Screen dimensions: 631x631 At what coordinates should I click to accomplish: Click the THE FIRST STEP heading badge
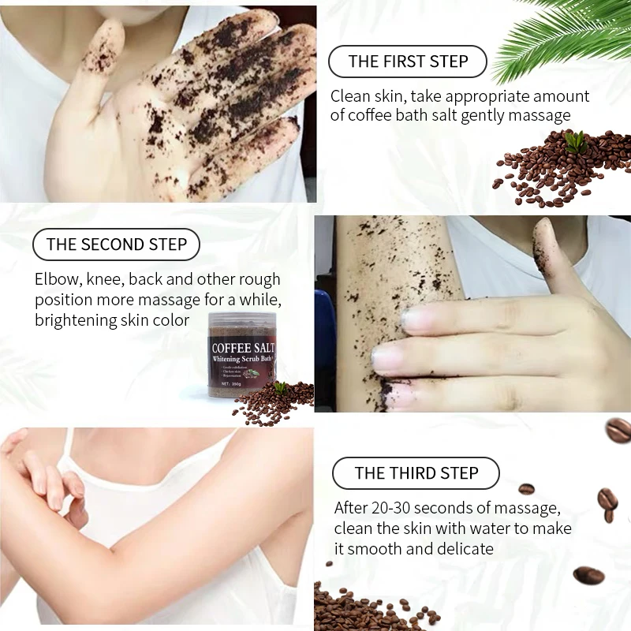pos(408,62)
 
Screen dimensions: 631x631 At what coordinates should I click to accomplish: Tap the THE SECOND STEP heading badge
pos(116,245)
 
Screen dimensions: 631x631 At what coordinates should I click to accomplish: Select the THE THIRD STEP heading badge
pos(416,473)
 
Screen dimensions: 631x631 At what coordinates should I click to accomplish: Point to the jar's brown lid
pos(243,320)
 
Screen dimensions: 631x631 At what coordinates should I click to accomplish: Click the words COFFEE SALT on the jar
pos(244,346)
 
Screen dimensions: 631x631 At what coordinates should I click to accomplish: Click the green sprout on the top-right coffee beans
pos(576,142)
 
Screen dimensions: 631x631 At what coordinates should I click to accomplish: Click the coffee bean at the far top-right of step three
pos(618,430)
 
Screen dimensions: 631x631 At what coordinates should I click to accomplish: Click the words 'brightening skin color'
pos(112,320)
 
